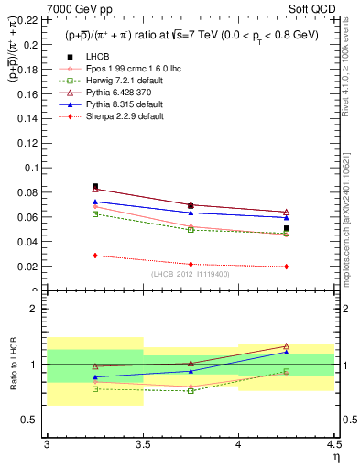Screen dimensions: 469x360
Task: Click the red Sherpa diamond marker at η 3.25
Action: point(95,256)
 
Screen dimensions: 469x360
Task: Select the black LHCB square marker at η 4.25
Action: point(286,228)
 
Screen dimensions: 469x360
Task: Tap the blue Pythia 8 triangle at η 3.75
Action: point(191,213)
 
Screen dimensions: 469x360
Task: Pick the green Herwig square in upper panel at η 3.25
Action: point(95,214)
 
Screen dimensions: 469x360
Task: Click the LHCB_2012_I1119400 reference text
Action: point(191,274)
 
